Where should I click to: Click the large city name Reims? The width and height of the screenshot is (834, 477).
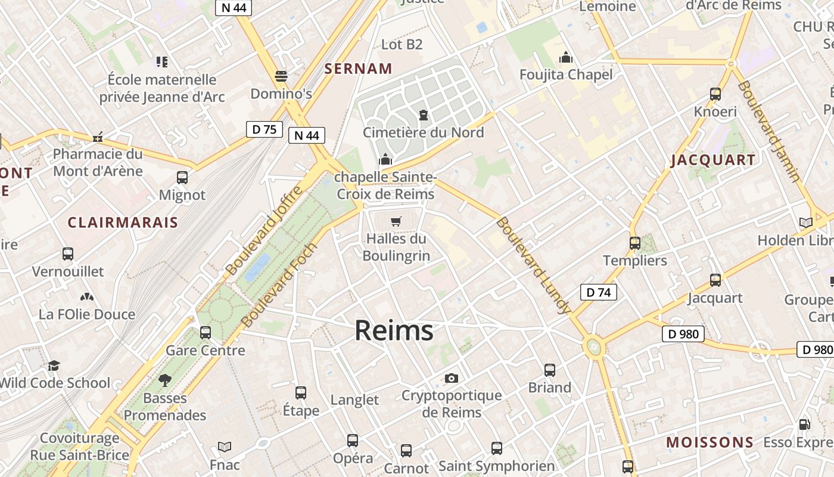pyautogui.click(x=394, y=330)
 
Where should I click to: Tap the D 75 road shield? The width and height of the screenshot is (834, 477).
pyautogui.click(x=264, y=129)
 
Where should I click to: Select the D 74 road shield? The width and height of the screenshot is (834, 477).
pyautogui.click(x=598, y=292)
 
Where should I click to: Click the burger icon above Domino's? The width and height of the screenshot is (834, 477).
pyautogui.click(x=281, y=76)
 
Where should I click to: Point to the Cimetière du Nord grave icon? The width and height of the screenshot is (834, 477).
pyautogui.click(x=424, y=114)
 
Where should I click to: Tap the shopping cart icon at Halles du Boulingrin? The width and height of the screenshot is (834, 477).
pyautogui.click(x=396, y=221)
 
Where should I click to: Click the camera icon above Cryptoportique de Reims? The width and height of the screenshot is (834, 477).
pyautogui.click(x=452, y=378)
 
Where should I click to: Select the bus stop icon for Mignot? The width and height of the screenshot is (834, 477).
pyautogui.click(x=182, y=178)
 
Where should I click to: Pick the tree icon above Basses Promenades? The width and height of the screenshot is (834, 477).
pyautogui.click(x=165, y=380)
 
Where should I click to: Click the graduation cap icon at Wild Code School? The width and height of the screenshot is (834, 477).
pyautogui.click(x=54, y=366)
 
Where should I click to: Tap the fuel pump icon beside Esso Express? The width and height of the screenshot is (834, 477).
pyautogui.click(x=804, y=425)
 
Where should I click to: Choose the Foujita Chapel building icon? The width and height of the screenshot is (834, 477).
pyautogui.click(x=565, y=57)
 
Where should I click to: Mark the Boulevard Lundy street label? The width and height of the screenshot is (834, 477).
pyautogui.click(x=533, y=265)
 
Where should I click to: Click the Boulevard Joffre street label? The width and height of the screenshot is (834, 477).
pyautogui.click(x=264, y=231)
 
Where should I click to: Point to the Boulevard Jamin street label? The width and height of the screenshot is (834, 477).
pyautogui.click(x=768, y=131)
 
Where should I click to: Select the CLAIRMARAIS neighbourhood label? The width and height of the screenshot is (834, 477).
pyautogui.click(x=123, y=222)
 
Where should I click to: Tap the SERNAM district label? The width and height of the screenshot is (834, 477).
pyautogui.click(x=358, y=69)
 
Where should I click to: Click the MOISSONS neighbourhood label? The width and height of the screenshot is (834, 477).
pyautogui.click(x=709, y=442)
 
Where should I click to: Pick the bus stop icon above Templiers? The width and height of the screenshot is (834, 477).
pyautogui.click(x=635, y=243)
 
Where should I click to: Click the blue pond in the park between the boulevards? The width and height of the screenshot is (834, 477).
pyautogui.click(x=257, y=267)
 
